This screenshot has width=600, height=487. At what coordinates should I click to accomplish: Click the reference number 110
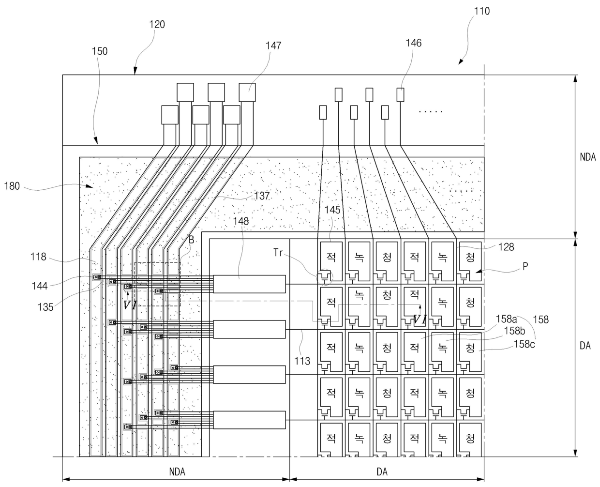click(x=481, y=11)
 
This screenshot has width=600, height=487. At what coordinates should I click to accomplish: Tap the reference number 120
click(x=157, y=25)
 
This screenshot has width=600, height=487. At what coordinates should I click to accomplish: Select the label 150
click(x=100, y=51)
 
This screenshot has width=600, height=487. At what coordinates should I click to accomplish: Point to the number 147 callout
click(x=273, y=46)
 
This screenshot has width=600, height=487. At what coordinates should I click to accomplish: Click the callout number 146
click(x=414, y=43)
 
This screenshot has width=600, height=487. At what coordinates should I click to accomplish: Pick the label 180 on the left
click(x=12, y=186)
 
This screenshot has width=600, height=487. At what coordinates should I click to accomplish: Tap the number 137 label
click(x=262, y=196)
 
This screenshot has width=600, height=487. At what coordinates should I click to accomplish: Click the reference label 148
click(x=241, y=221)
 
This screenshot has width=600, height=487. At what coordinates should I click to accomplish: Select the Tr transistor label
click(x=278, y=253)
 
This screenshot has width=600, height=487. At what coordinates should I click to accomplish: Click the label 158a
click(x=506, y=319)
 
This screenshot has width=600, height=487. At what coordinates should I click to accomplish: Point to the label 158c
click(x=524, y=344)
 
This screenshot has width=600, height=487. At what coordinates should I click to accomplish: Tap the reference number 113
click(x=302, y=361)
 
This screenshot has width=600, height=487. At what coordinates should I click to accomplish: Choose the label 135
click(x=45, y=307)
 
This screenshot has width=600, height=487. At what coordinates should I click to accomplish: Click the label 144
click(x=40, y=286)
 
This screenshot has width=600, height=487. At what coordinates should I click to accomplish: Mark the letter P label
click(x=525, y=266)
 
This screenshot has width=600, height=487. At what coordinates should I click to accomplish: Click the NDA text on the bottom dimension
click(x=177, y=472)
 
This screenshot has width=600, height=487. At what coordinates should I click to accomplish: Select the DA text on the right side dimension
click(x=585, y=346)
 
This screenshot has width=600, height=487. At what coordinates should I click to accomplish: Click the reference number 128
click(x=506, y=247)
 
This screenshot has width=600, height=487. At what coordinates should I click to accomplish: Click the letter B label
click(x=191, y=240)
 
